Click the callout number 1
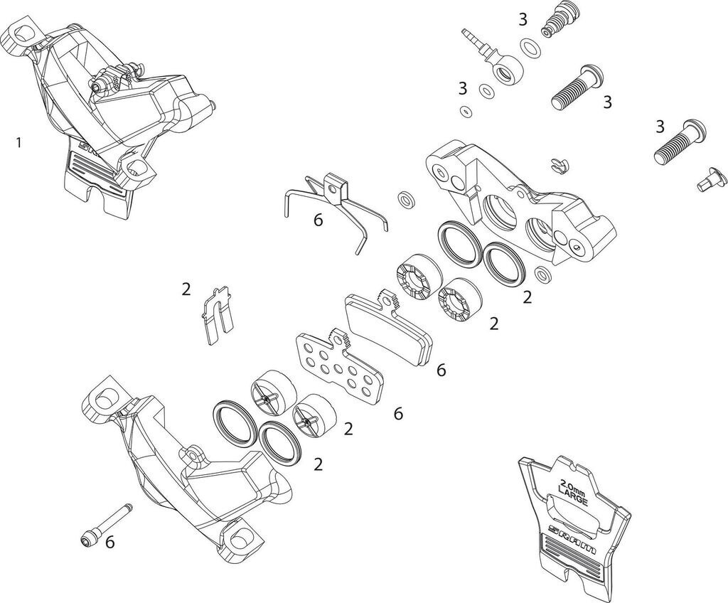[x=18, y=142]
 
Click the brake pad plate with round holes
[x=333, y=363]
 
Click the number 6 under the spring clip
[x=318, y=220]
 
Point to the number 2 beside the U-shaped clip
[x=186, y=289]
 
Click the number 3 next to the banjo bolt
[x=523, y=19]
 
